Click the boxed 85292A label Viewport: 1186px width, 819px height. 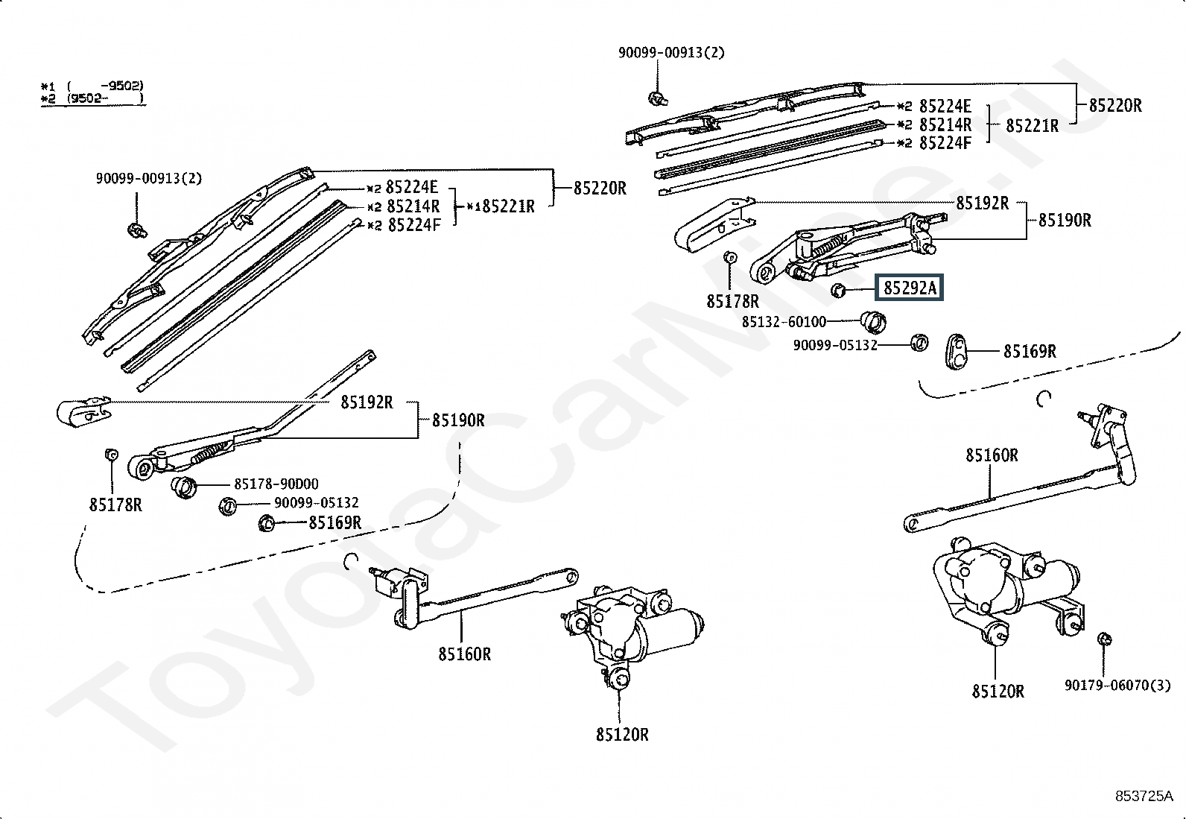point(909,288)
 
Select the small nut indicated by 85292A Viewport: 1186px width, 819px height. point(837,291)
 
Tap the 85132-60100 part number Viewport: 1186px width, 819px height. point(784,321)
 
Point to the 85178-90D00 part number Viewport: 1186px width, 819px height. point(276,484)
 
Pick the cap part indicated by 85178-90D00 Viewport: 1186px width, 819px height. point(184,487)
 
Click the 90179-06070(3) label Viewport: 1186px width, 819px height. point(1117,685)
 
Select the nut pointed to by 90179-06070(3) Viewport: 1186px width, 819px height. point(1105,639)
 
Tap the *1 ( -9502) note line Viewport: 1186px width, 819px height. point(92,86)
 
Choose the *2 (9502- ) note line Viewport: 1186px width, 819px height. point(92,98)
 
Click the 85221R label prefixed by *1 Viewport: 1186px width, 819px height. point(501,206)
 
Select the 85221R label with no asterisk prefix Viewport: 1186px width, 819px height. point(1033,125)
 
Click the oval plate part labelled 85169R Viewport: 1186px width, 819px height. point(957,351)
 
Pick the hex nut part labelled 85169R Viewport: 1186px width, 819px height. point(266,523)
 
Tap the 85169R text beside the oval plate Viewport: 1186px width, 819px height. point(1030,351)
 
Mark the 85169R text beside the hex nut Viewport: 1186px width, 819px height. point(335,523)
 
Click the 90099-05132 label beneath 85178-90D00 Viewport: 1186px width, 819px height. point(316,502)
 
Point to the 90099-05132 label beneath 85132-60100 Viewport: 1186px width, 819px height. point(835,345)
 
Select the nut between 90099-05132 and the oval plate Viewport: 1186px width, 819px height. point(920,343)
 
